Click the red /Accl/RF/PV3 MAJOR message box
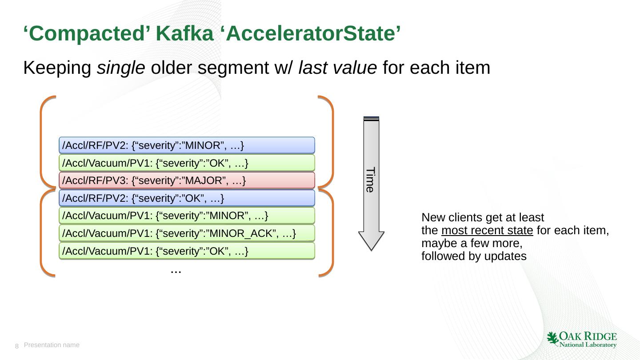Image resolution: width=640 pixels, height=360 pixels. tap(187, 180)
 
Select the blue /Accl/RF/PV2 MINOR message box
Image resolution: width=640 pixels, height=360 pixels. tap(187, 145)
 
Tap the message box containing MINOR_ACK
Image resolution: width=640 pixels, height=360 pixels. tap(187, 233)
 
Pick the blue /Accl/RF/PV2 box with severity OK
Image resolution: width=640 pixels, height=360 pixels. tap(187, 198)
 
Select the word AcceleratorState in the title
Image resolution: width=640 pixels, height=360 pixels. tap(311, 34)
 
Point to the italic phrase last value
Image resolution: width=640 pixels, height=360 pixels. tap(338, 68)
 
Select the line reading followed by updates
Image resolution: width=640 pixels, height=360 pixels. tap(474, 256)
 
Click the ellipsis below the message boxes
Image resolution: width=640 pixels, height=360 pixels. tap(176, 270)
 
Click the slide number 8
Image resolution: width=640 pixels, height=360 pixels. tap(17, 346)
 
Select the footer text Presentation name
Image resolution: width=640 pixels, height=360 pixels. tap(52, 345)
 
